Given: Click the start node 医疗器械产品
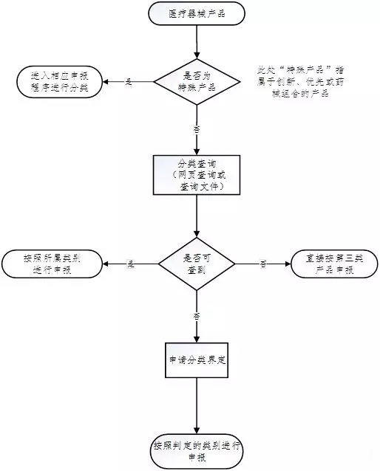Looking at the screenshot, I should [x=197, y=14].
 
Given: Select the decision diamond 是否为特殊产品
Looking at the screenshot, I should [x=197, y=82].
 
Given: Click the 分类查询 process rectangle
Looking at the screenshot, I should [x=197, y=175].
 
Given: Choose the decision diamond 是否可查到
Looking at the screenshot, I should [x=197, y=264].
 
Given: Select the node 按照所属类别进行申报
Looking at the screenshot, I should [x=52, y=264].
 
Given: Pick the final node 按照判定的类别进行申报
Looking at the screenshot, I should [x=197, y=451].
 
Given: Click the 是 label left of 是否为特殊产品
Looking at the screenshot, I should [x=129, y=82].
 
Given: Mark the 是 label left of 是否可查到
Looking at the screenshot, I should [x=131, y=264].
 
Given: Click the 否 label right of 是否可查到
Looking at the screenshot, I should [x=262, y=264].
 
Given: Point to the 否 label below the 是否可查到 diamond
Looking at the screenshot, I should [x=197, y=315].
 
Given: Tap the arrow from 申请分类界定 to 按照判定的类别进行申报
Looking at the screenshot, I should [x=197, y=406].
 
